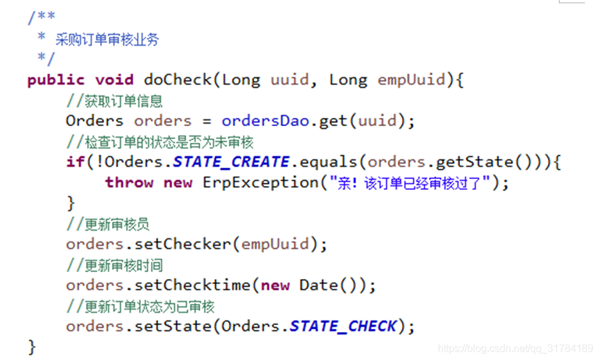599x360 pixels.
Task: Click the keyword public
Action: (56, 80)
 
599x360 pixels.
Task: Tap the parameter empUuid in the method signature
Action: (411, 80)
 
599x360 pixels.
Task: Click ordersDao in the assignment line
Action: (266, 121)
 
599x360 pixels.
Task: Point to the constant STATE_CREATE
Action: (231, 162)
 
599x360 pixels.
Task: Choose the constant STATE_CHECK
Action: (343, 326)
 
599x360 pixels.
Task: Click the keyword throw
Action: (129, 183)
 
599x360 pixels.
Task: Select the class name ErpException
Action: (260, 183)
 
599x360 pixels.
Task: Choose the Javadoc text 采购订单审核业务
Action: (107, 40)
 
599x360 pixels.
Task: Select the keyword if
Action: (75, 162)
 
